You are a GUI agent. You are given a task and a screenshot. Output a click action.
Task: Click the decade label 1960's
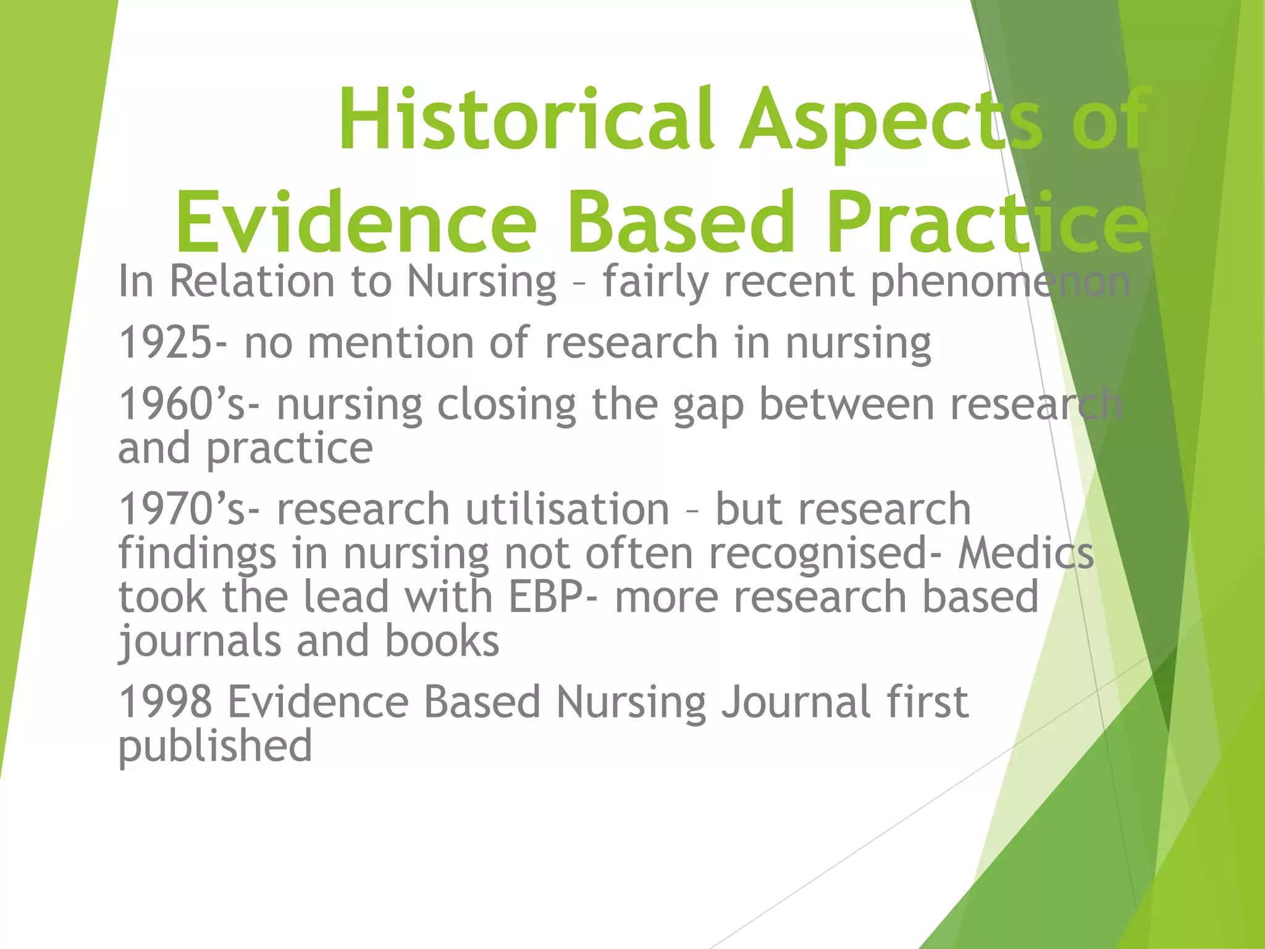click(184, 405)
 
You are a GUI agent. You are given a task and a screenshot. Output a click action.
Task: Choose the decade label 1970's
click(184, 510)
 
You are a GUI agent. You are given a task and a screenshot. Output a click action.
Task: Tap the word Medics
click(1026, 553)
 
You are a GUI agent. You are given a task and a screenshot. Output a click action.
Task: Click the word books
click(442, 641)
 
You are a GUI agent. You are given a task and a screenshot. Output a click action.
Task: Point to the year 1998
click(166, 702)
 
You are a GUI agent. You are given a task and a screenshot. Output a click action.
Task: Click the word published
click(215, 746)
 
